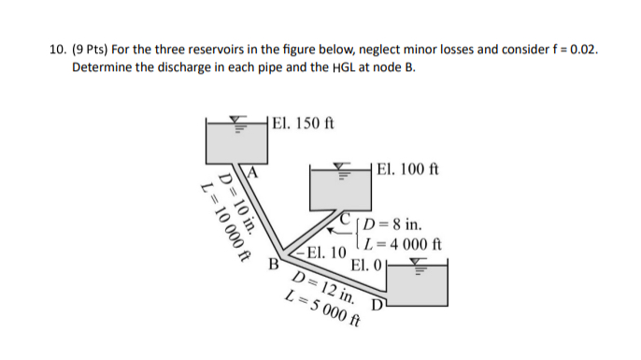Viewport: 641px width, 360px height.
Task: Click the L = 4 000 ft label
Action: [403, 246]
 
